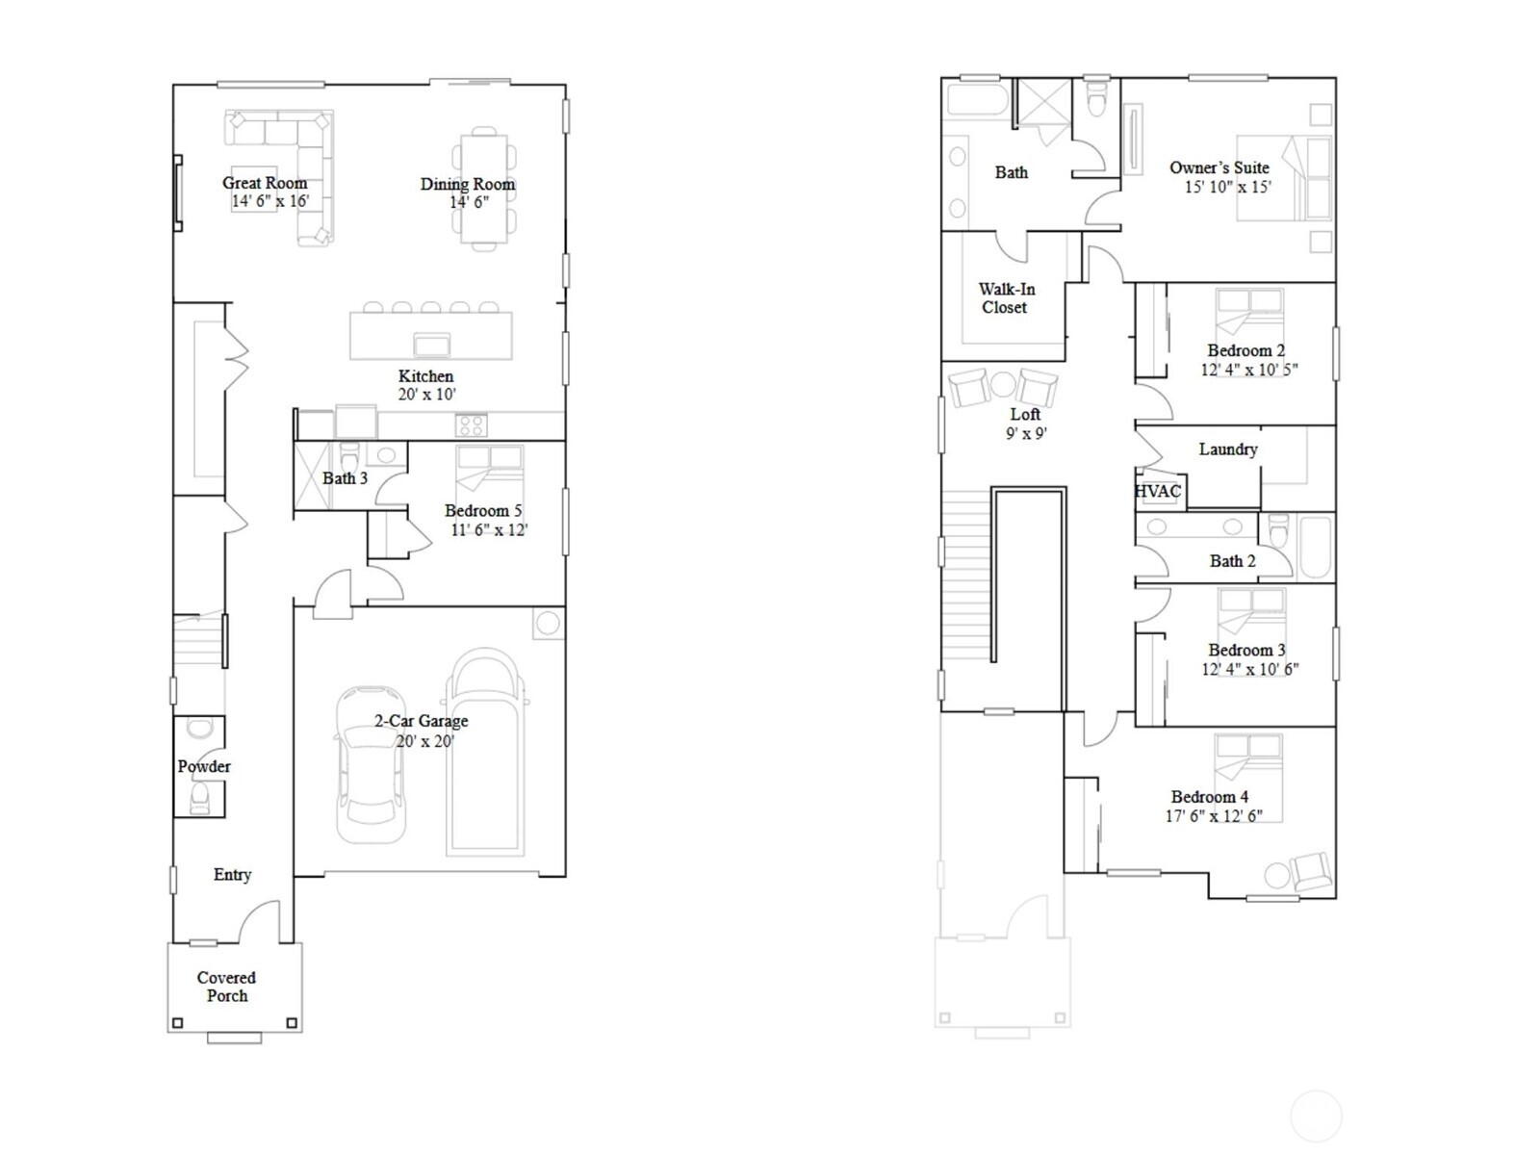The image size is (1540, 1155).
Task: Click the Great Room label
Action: [265, 183]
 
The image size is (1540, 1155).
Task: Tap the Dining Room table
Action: [484, 188]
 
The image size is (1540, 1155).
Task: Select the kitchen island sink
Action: [431, 345]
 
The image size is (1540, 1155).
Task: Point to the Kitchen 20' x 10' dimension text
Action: [426, 395]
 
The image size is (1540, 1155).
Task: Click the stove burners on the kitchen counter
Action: [472, 424]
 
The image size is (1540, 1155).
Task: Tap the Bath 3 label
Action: [345, 478]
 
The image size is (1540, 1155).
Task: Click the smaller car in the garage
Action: [371, 765]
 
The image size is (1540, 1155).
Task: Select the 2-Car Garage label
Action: [422, 721]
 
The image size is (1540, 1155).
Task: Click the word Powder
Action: [204, 767]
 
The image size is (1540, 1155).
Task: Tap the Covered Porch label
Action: [227, 987]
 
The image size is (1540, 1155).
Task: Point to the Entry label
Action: [232, 875]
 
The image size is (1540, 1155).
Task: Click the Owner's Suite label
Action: [1219, 167]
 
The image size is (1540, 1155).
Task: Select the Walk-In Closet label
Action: [1006, 298]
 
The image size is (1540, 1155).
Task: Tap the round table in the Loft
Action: [1003, 385]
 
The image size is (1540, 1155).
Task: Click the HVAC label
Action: [1158, 492]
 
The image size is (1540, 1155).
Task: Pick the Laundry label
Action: [1228, 449]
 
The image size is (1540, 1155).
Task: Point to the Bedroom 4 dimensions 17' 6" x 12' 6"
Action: [1213, 816]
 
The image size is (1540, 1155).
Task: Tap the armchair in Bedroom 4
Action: [1311, 872]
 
